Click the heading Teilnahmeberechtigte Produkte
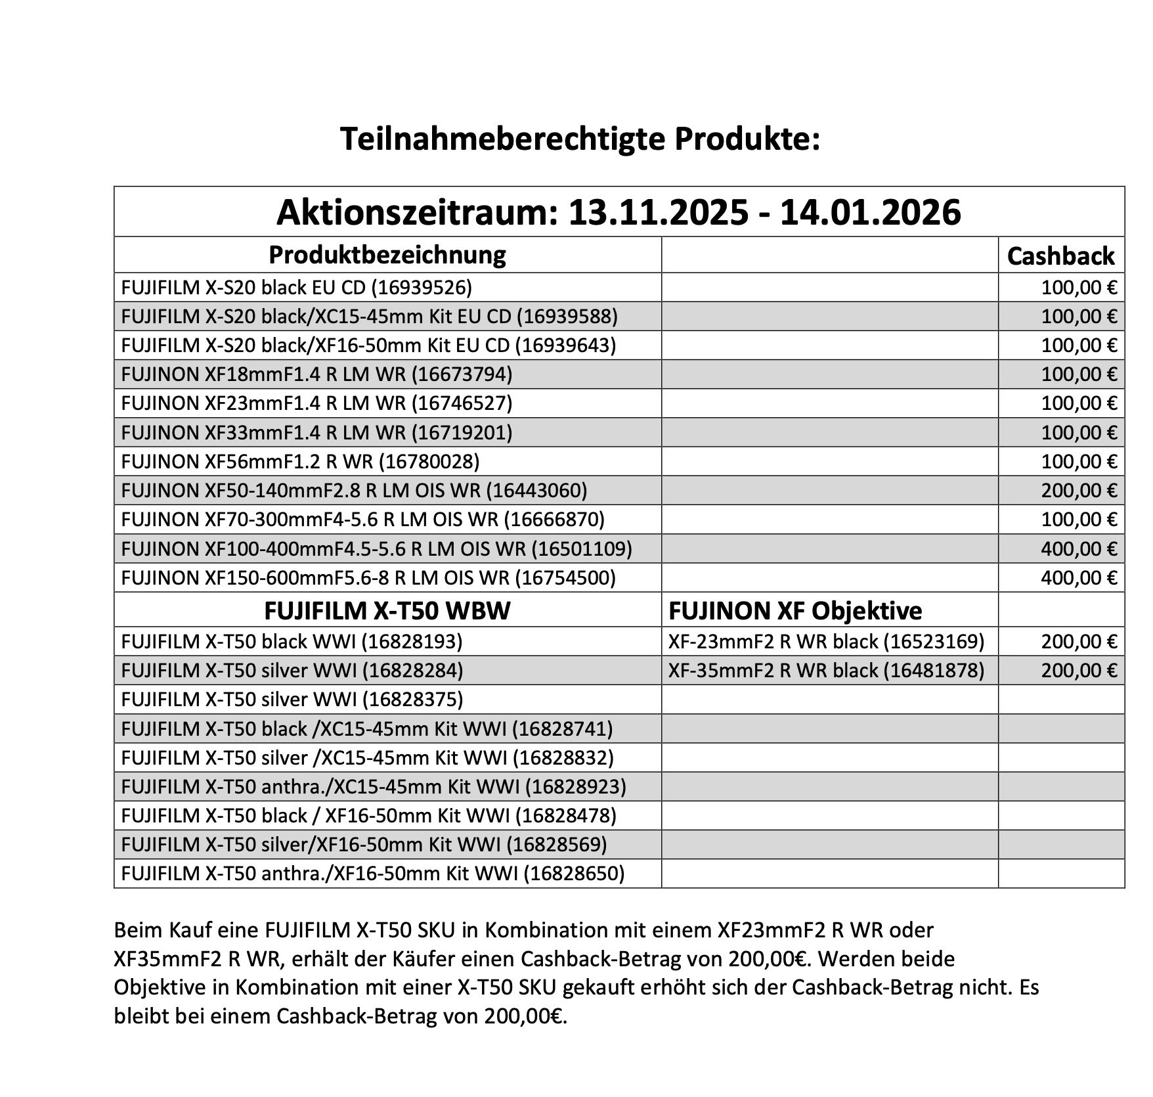[x=580, y=139]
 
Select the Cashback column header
[x=1060, y=256]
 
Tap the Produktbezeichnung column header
[x=387, y=254]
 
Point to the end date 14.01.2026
[x=870, y=213]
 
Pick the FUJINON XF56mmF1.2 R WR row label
[x=300, y=461]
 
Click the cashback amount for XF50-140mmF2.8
[x=1078, y=490]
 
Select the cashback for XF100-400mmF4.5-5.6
[x=1078, y=548]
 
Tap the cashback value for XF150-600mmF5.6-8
[x=1078, y=577]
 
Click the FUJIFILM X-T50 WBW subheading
[x=387, y=610]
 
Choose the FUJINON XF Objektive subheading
[x=795, y=610]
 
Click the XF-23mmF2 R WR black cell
[x=826, y=641]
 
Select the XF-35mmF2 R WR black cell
[x=826, y=670]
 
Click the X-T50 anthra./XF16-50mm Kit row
[x=372, y=873]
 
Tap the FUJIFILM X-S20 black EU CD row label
[x=296, y=287]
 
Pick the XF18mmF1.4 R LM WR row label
[x=316, y=374]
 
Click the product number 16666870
[x=557, y=520]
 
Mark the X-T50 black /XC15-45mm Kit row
[x=366, y=728]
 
